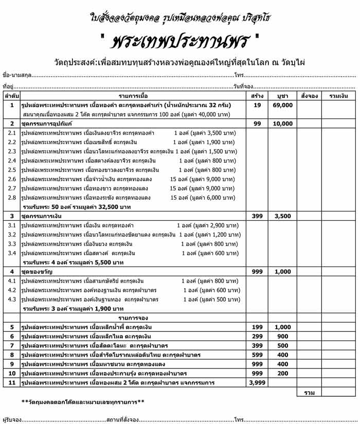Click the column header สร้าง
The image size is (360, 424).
click(257, 96)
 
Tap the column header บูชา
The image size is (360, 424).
click(282, 96)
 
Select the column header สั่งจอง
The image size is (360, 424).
click(310, 96)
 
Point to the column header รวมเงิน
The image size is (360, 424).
click(338, 96)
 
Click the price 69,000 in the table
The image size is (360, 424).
click(282, 105)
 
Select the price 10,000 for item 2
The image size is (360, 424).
click(282, 123)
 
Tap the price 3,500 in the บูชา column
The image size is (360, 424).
click(282, 216)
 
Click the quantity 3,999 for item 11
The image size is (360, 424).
click(257, 382)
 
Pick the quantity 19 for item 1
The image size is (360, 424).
click(257, 105)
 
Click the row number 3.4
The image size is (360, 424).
click(12, 253)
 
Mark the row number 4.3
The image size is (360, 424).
click(12, 299)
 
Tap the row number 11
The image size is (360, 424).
click(12, 382)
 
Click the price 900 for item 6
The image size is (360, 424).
click(282, 336)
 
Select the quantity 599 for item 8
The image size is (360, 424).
click(257, 355)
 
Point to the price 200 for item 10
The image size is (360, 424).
click(282, 373)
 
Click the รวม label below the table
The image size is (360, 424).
click(310, 393)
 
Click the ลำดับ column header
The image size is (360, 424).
click(12, 96)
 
